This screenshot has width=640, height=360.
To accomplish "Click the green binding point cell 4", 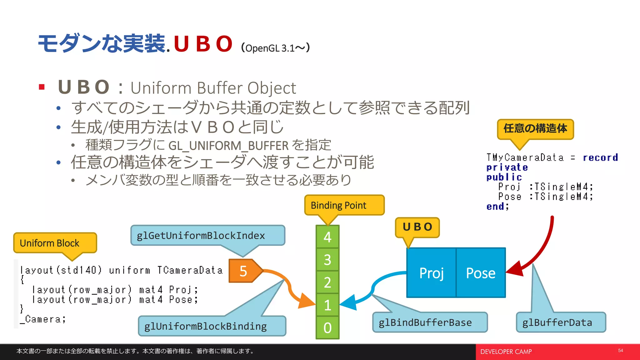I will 327,237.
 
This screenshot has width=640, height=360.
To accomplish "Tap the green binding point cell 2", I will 327,282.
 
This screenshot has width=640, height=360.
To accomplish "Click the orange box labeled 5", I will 243,271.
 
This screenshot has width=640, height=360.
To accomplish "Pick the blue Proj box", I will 431,273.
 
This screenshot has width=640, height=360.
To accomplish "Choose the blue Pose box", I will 481,273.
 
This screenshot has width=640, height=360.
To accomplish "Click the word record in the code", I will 600,157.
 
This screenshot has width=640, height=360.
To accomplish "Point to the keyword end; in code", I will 497,207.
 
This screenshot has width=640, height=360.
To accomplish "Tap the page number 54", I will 620,351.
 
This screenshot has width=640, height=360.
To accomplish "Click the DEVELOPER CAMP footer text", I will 506,352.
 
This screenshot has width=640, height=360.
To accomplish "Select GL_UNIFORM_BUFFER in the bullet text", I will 228,146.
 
